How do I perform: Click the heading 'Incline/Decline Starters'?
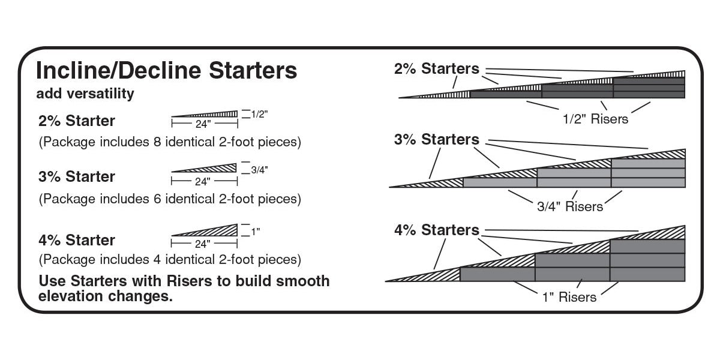click(x=167, y=70)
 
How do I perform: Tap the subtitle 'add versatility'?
click(x=85, y=94)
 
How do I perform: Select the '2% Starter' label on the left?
click(x=77, y=121)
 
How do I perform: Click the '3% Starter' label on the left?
click(x=77, y=176)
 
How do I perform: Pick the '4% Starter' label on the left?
click(x=77, y=240)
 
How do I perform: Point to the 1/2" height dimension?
click(x=259, y=114)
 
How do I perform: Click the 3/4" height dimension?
click(x=259, y=170)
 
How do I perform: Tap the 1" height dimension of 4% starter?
click(x=255, y=232)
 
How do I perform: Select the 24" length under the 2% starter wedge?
click(x=203, y=124)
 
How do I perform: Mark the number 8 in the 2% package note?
click(x=157, y=142)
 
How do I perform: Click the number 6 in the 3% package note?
click(x=157, y=199)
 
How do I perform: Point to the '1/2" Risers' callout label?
click(x=595, y=119)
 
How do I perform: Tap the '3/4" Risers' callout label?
click(x=570, y=206)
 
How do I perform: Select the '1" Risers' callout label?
click(x=569, y=297)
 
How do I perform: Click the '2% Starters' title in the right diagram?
click(x=437, y=69)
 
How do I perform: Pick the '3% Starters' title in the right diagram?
click(x=437, y=139)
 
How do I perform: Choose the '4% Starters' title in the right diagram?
click(x=437, y=230)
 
